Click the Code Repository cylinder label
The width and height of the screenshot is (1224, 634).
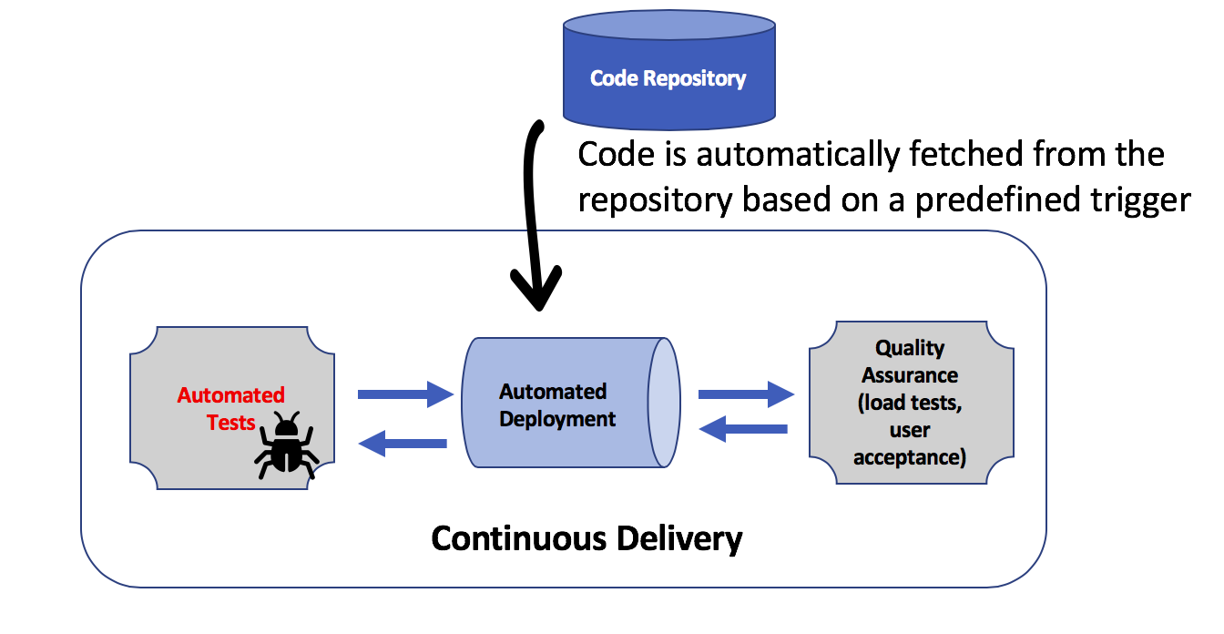tap(668, 78)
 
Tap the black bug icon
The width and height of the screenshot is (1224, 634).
tap(286, 446)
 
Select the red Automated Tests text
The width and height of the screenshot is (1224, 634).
tap(230, 409)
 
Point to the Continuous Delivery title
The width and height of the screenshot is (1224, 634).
tap(586, 538)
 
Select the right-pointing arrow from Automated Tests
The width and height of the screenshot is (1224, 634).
tap(405, 394)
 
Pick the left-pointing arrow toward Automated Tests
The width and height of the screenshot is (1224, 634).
tap(404, 444)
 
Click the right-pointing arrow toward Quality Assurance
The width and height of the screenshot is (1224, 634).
tap(746, 394)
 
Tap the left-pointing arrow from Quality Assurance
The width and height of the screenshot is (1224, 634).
tap(743, 428)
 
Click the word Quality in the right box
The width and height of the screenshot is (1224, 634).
tap(910, 348)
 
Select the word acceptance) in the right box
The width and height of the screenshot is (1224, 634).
tap(910, 457)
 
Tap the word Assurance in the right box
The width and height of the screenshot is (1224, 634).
tap(910, 375)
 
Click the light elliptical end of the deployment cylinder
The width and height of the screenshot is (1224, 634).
tap(664, 404)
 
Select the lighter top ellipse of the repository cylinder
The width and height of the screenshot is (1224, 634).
tap(669, 36)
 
